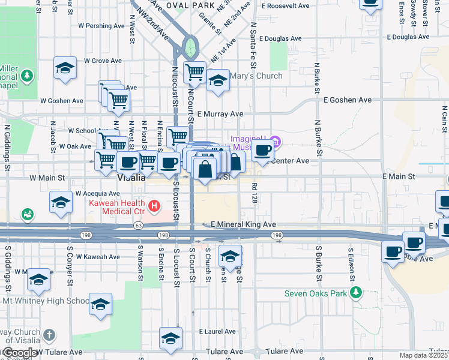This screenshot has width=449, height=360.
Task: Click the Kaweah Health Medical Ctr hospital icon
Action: click(155, 207)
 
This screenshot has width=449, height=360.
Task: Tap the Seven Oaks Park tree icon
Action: click(357, 293)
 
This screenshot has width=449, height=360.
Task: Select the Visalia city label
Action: click(131, 178)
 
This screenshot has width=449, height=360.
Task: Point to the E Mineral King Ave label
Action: click(244, 224)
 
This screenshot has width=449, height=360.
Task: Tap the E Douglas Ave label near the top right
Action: click(408, 37)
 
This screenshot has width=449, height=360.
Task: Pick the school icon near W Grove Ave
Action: click(65, 68)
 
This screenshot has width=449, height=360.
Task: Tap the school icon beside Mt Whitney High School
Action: click(101, 304)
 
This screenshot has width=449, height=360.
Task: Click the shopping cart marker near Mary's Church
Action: click(195, 73)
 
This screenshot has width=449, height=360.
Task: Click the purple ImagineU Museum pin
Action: click(276, 142)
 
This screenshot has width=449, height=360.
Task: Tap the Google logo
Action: click(20, 353)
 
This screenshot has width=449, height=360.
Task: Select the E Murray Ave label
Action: click(220, 113)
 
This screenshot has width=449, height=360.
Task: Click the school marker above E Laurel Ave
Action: click(170, 338)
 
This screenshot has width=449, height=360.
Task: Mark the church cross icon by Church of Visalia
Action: click(49, 335)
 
